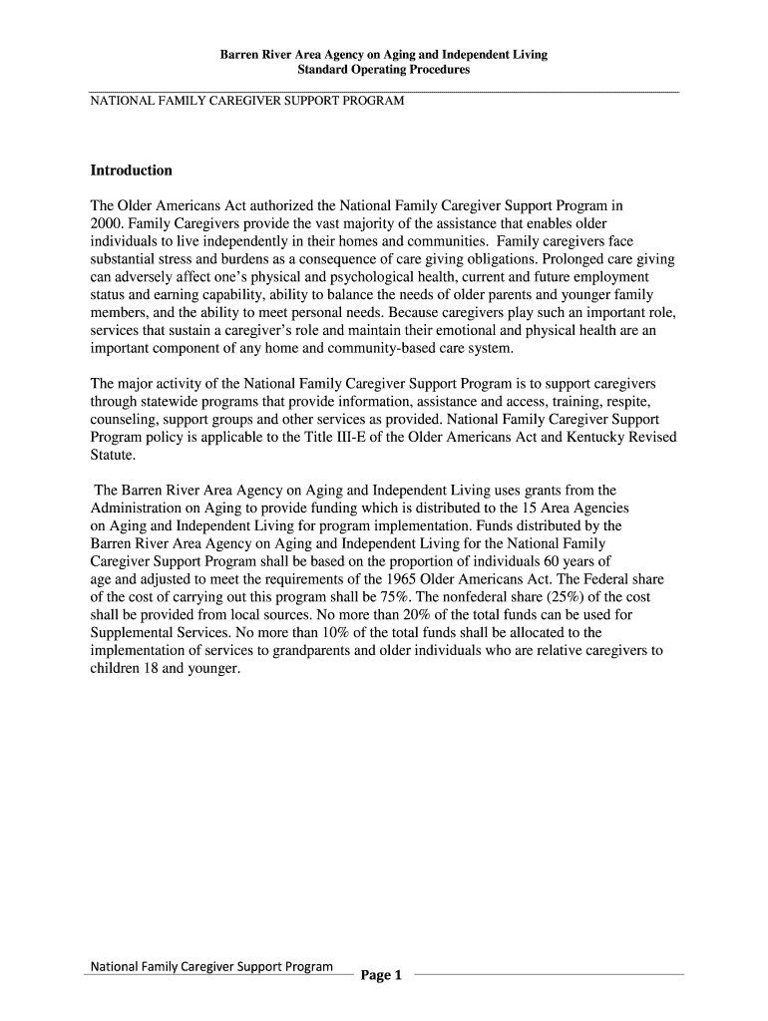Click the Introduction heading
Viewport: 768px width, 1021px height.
pyautogui.click(x=131, y=170)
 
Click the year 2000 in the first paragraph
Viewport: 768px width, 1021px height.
pyautogui.click(x=107, y=223)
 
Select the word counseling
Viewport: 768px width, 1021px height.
pyautogui.click(x=123, y=420)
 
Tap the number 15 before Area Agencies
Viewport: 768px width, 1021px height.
pyautogui.click(x=519, y=508)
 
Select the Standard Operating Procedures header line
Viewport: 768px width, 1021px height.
pyautogui.click(x=384, y=71)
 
